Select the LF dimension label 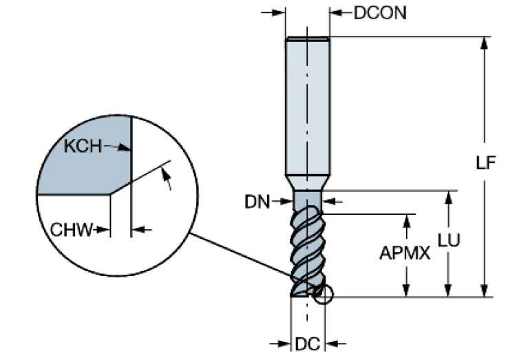[487, 164]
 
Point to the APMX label [405, 253]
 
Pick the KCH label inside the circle [81, 146]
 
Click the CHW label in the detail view [71, 230]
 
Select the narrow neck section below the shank [307, 200]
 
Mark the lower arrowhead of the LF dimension [485, 291]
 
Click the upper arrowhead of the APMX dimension [409, 219]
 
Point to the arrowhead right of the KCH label [125, 147]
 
